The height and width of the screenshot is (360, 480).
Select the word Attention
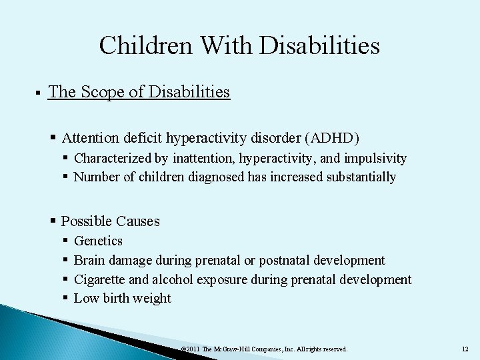pos(90,138)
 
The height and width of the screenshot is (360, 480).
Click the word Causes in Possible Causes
pos(137,221)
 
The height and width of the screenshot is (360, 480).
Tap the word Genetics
pos(98,241)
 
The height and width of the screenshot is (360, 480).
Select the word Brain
pos(89,260)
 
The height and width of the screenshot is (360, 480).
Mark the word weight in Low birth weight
pos(151,298)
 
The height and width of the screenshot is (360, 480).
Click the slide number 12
pos(465,349)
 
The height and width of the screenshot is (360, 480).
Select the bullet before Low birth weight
pos(66,298)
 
